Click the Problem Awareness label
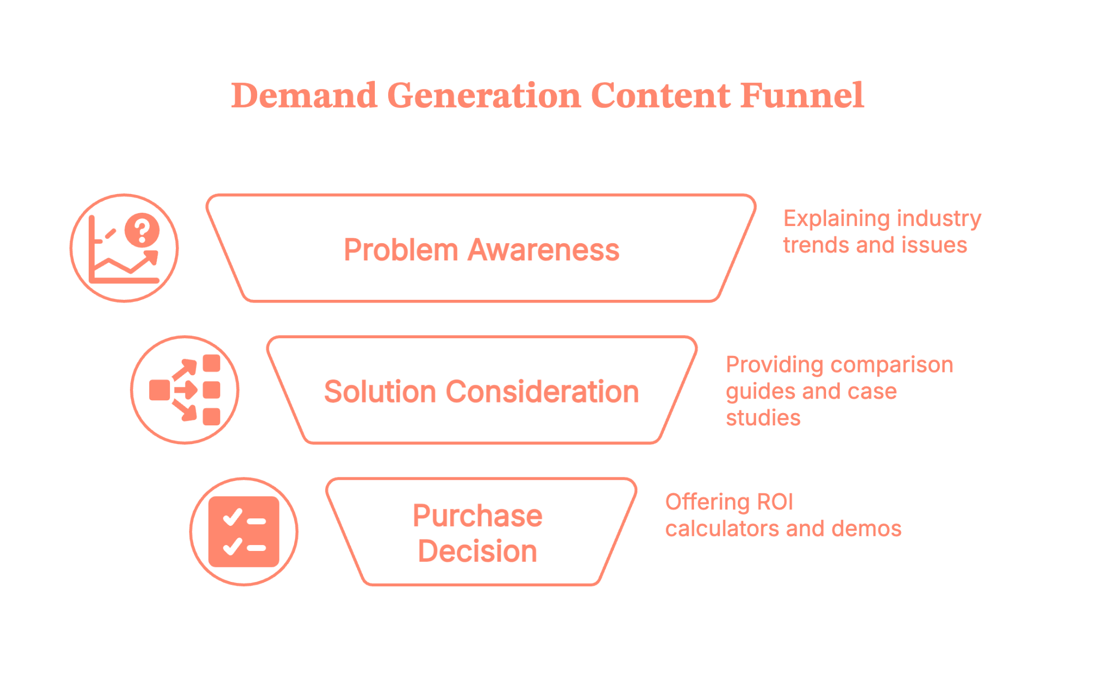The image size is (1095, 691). point(481,250)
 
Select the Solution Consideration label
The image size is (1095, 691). point(481,391)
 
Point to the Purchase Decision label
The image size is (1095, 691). point(477,533)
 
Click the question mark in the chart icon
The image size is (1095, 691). point(142,230)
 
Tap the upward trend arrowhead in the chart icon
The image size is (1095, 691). point(152,257)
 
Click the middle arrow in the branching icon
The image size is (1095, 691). point(186,390)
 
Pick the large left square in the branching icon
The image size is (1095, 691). point(159,390)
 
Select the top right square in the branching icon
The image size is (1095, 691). point(211,364)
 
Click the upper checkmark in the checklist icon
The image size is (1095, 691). point(233,517)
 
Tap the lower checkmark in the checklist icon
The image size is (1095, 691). point(233,546)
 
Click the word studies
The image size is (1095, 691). point(763,418)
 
